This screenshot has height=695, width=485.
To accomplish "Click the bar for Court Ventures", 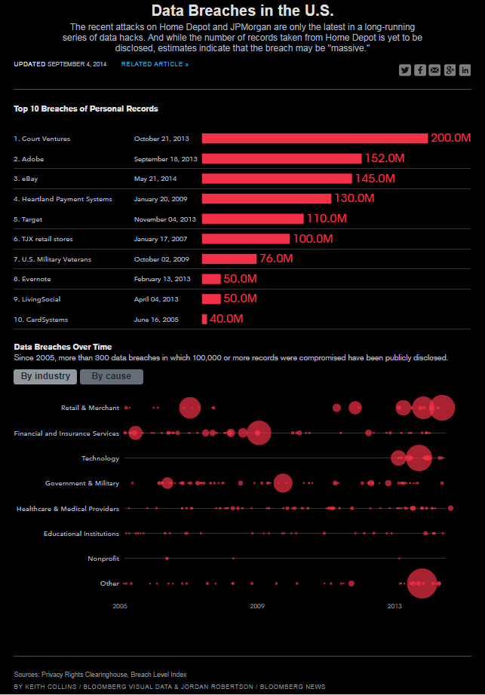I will [315, 139].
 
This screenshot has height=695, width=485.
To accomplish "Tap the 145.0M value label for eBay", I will [375, 179].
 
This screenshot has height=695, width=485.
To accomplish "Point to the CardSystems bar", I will [204, 319].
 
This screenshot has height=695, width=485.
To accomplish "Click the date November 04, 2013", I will [165, 219].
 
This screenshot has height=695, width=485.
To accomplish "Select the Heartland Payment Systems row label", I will [63, 199].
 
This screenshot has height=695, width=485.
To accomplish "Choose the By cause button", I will [112, 376].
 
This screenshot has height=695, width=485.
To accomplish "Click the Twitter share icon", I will [405, 70].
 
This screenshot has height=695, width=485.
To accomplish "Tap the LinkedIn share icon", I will [465, 70].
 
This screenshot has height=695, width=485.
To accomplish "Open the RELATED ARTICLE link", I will [155, 65].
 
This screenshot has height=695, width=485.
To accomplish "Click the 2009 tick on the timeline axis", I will [257, 605].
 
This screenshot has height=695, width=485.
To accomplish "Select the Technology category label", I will [100, 458].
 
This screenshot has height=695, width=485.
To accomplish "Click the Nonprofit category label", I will [104, 559].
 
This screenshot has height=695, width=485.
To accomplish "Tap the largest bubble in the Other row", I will [422, 583].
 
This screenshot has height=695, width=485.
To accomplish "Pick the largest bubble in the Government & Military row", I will [283, 483].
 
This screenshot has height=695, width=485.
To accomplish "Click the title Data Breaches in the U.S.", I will [242, 11].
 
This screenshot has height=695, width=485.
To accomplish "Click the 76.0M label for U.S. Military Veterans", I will [275, 259].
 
